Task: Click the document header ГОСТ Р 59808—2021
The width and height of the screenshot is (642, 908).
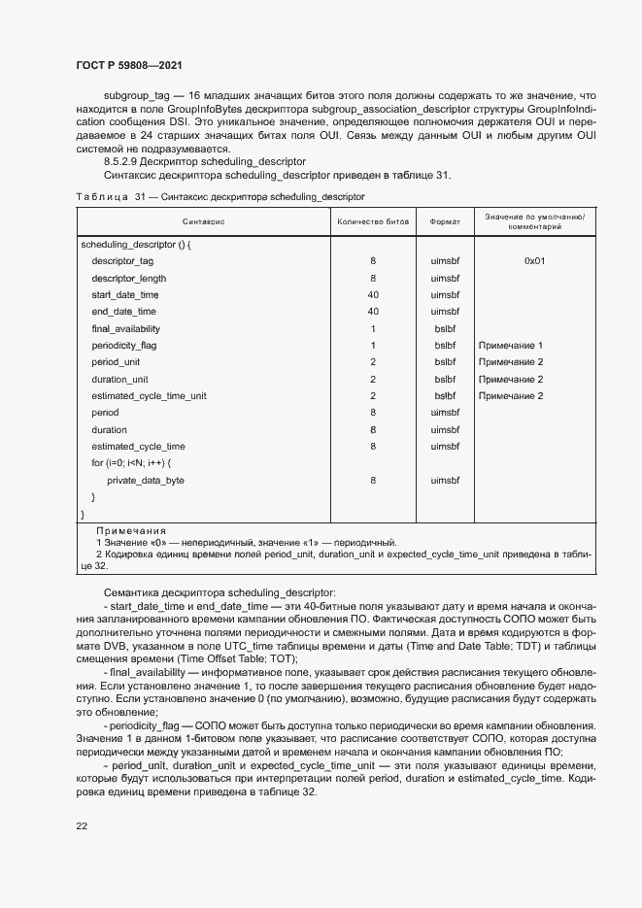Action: tap(129, 65)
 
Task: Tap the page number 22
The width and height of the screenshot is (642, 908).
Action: tap(82, 825)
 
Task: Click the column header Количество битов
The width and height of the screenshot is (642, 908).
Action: tap(373, 222)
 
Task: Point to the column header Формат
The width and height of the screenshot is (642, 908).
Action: tap(445, 222)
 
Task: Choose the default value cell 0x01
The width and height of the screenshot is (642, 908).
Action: tap(535, 261)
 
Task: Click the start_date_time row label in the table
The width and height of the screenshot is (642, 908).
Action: tap(124, 294)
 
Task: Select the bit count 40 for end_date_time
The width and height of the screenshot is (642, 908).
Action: tap(373, 312)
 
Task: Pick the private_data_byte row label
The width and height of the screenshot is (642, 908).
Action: tap(145, 481)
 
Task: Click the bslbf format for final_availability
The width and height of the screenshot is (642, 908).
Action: tap(445, 328)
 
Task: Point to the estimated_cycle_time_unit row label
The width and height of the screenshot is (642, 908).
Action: tap(149, 396)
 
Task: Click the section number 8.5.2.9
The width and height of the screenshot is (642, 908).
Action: tap(124, 161)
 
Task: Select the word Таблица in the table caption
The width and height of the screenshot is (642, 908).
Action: tap(101, 196)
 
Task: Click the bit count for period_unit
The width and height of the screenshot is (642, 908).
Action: tap(373, 362)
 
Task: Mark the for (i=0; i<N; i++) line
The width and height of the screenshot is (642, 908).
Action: tap(131, 463)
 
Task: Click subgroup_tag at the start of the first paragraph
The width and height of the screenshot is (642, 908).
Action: tap(135, 96)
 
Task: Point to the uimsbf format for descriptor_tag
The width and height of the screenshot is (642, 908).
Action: tap(445, 261)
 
